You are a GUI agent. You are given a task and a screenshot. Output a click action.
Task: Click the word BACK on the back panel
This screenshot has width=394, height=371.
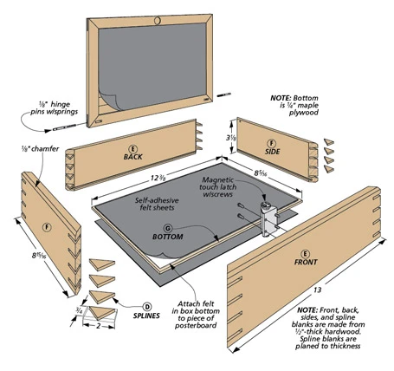132,158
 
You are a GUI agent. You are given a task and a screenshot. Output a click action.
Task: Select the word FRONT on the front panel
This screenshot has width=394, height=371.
305,261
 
